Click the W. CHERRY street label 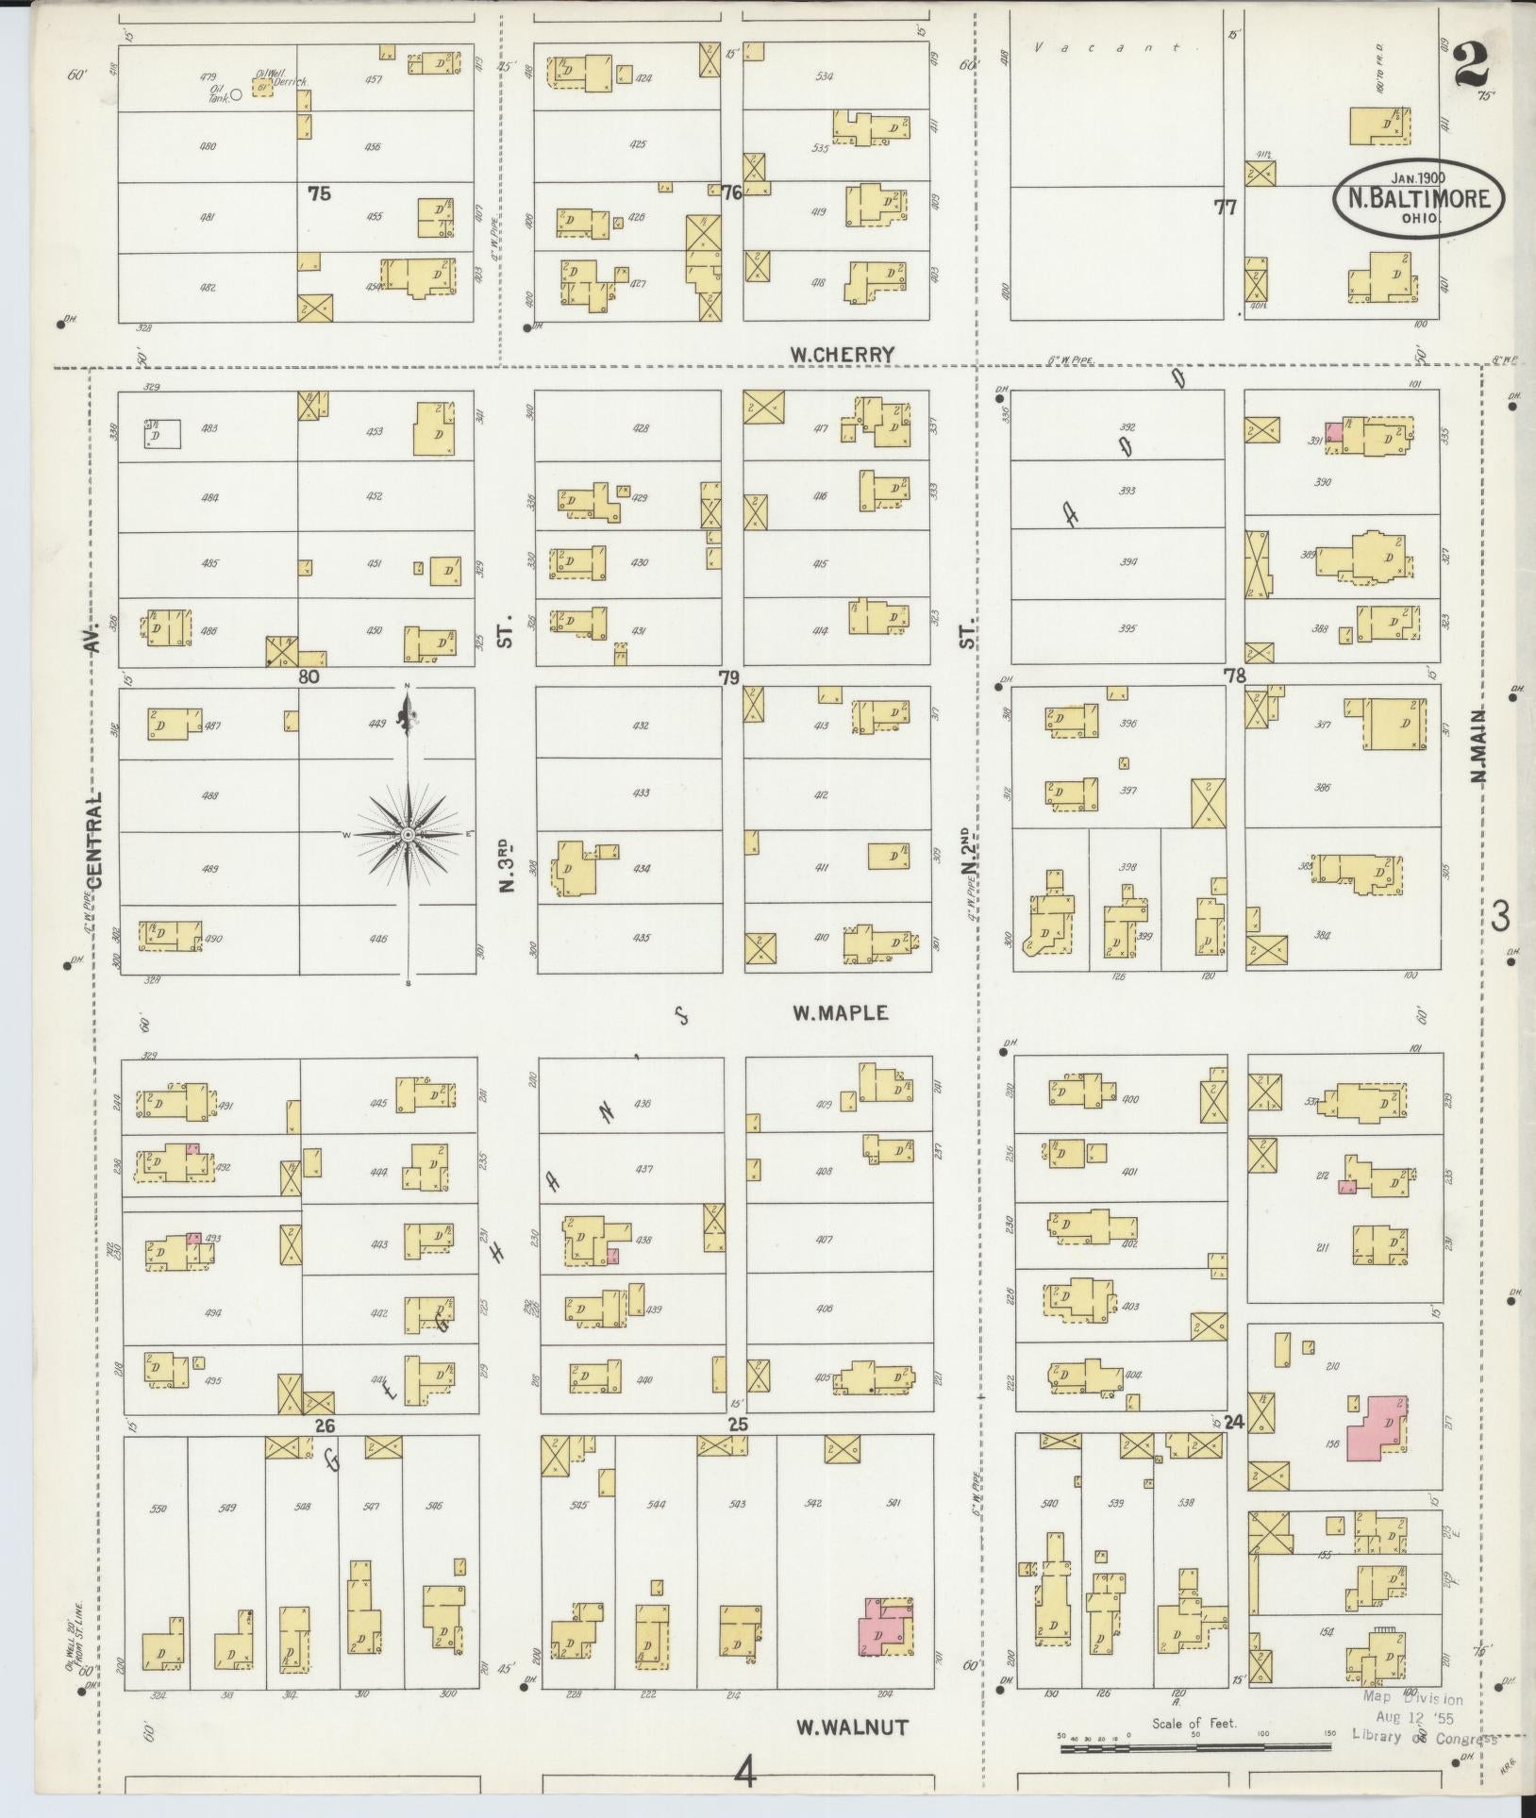pos(843,355)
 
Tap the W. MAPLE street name pos(840,1012)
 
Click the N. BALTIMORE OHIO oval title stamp pos(1418,200)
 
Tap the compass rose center pos(408,835)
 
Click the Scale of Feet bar pos(1194,1748)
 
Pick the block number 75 pos(319,193)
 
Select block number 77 pos(1226,208)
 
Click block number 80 pos(309,676)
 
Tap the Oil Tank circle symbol pos(237,93)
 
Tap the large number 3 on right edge pos(1500,915)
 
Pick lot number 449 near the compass pos(377,725)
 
